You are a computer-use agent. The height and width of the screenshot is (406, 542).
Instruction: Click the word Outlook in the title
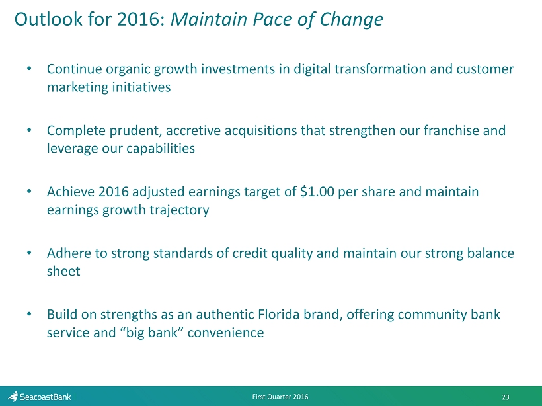(x=48, y=19)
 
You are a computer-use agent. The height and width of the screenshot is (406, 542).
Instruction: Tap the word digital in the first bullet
(x=312, y=69)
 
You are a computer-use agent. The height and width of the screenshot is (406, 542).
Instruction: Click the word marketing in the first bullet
(x=76, y=87)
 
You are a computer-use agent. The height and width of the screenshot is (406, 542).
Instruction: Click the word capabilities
(x=161, y=149)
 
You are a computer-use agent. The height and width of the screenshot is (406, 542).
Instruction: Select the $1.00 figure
(x=317, y=192)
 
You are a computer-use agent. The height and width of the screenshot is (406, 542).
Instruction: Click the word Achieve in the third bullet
(x=71, y=192)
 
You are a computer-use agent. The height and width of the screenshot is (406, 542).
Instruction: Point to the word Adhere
(x=69, y=253)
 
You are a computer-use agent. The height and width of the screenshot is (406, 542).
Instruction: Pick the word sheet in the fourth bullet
(x=63, y=271)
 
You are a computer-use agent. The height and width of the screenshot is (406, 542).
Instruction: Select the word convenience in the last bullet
(x=225, y=333)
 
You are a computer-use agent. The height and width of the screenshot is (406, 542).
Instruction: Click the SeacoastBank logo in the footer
(x=39, y=397)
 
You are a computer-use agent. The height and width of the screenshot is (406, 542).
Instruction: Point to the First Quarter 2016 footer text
(x=280, y=397)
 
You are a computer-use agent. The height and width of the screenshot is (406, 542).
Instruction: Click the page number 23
(x=506, y=397)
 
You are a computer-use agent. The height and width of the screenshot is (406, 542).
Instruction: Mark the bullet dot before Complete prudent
(x=29, y=130)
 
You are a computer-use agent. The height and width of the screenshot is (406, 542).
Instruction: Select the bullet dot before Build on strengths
(x=29, y=314)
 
